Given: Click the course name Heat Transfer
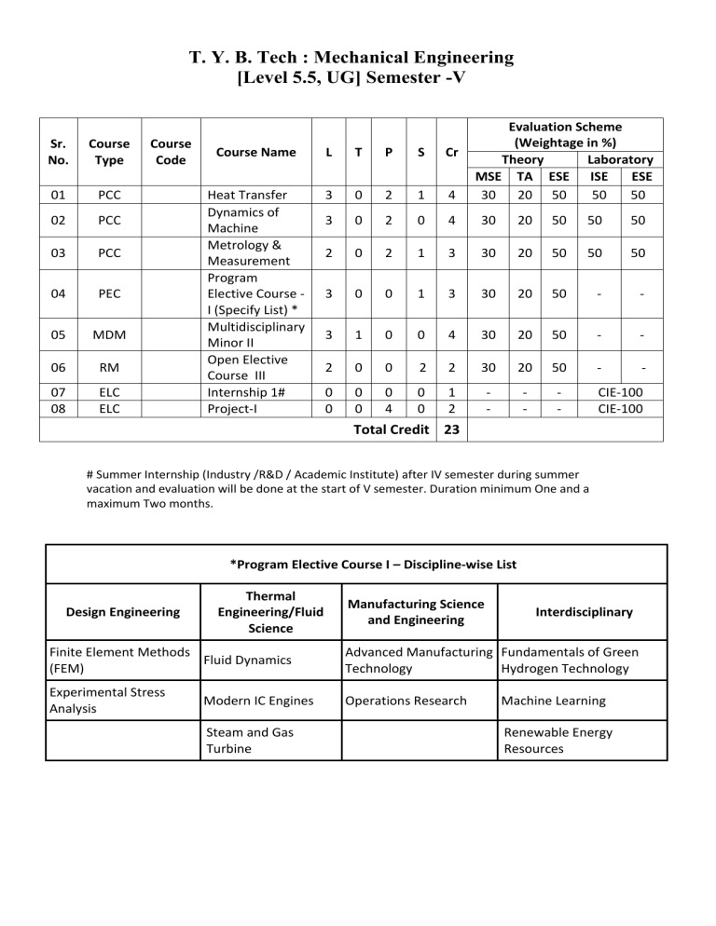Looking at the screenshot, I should [x=247, y=194].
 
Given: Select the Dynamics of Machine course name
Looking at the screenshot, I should [x=243, y=220].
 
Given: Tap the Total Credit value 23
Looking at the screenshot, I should [x=453, y=429].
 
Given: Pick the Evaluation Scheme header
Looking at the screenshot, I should [x=565, y=134].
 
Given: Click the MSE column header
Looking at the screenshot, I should [x=488, y=176].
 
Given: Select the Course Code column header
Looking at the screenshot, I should [x=171, y=152].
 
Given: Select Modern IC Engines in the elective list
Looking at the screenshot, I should [x=251, y=700].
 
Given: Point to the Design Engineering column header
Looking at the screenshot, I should [x=124, y=611].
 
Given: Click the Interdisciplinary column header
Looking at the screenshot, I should [x=584, y=611].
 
